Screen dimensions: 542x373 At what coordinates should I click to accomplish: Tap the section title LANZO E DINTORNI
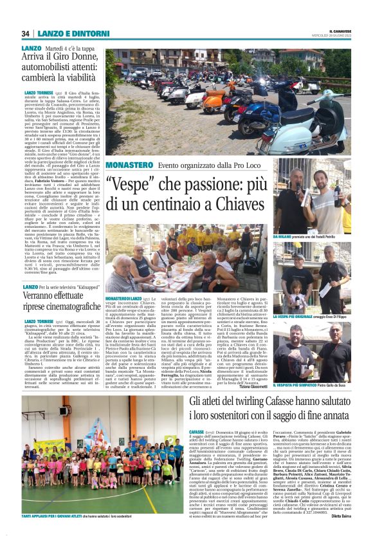(62, 33)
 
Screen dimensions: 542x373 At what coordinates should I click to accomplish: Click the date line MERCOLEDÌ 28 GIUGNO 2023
(332, 36)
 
